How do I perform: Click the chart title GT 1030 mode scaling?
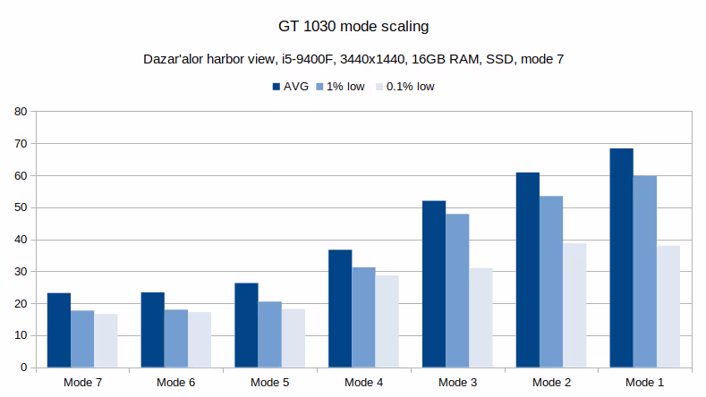tap(353, 26)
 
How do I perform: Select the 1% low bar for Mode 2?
tap(551, 282)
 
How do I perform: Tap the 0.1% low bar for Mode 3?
tap(481, 317)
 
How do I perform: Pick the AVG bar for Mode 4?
tap(340, 308)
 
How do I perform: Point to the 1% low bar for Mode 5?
tap(269, 334)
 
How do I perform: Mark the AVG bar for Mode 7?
tap(59, 330)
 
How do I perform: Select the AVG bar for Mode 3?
tap(434, 284)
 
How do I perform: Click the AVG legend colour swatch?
tap(276, 87)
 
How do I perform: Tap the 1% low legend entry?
tap(341, 87)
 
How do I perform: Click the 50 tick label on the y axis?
tap(21, 207)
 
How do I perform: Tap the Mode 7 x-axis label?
tap(82, 382)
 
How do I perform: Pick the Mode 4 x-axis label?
tap(363, 382)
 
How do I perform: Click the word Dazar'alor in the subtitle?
tap(174, 60)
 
